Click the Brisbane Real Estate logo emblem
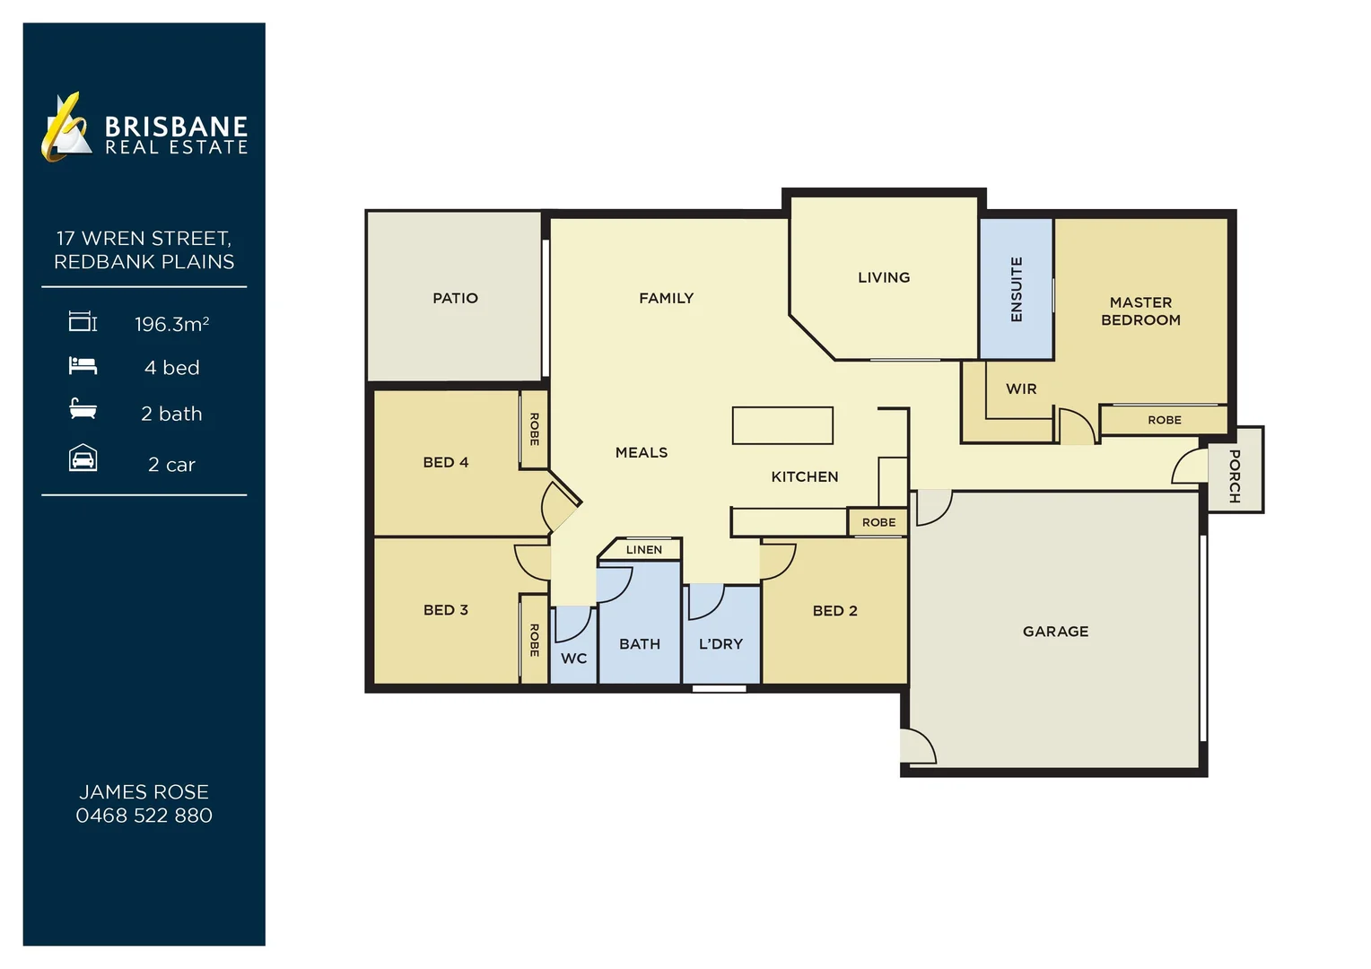click(66, 127)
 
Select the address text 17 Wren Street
click(144, 239)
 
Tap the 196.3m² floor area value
click(171, 324)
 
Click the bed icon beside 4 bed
click(83, 366)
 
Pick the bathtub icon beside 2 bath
click(83, 410)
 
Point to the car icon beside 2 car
click(83, 459)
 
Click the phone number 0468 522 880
click(144, 816)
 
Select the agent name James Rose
click(144, 792)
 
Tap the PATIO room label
click(455, 298)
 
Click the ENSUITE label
click(1017, 289)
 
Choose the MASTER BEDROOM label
click(1140, 311)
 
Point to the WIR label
click(1021, 388)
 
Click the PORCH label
click(1235, 476)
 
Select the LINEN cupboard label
click(643, 550)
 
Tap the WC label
click(573, 659)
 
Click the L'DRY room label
click(720, 644)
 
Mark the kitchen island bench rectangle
click(782, 425)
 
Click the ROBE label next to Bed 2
click(878, 522)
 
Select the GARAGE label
click(1055, 632)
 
